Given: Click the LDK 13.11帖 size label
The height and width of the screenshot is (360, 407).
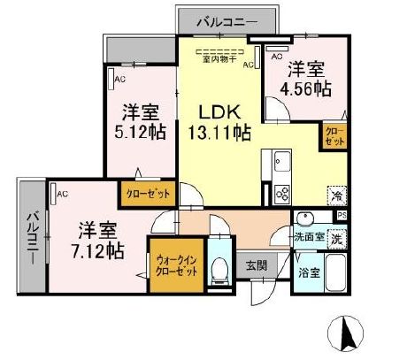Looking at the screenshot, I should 216,134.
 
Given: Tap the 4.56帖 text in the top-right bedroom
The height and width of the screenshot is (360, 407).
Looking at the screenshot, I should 306,88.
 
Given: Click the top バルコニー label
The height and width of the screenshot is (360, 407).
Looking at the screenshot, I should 227,19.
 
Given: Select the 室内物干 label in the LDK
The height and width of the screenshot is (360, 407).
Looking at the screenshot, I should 216,61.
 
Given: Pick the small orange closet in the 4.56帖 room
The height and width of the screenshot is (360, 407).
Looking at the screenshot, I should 334,136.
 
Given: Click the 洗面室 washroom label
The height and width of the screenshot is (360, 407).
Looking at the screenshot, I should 310,237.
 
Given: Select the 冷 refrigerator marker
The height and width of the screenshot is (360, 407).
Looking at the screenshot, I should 337,196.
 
